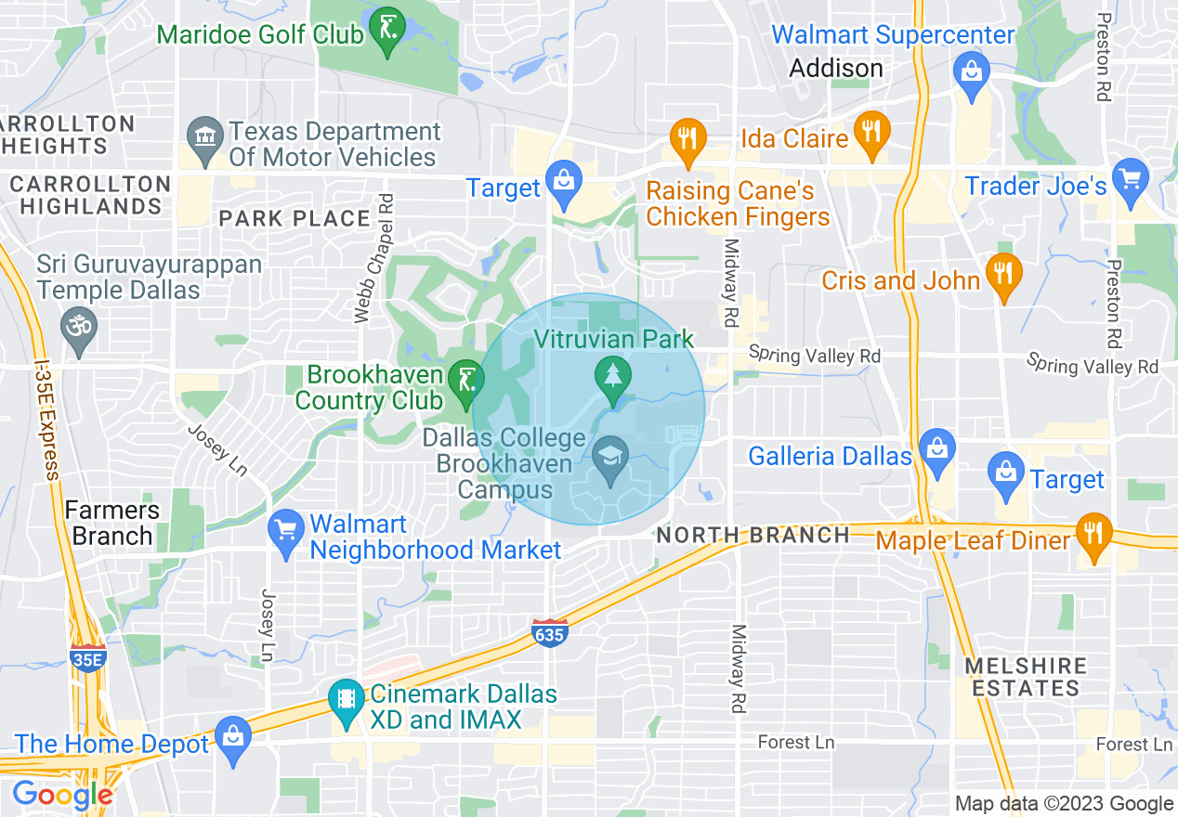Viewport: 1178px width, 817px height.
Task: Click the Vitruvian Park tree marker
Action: (x=612, y=376)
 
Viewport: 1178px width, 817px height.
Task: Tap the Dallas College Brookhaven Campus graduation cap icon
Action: (x=610, y=456)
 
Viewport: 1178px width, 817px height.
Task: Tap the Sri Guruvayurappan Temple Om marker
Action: (x=78, y=327)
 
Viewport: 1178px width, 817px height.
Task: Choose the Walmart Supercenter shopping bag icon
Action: (x=971, y=71)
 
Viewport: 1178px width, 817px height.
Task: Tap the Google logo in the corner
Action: (x=62, y=795)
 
